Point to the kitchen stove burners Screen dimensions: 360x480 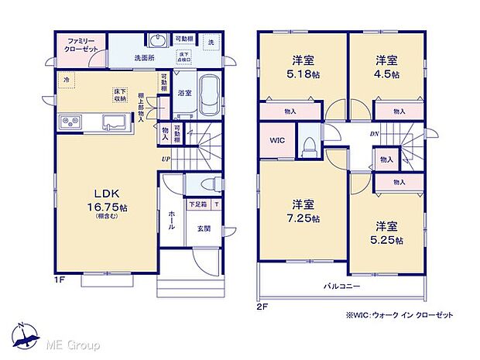point(67,122)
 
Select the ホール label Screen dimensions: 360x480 point(171,221)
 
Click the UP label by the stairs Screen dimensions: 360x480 point(166,160)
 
